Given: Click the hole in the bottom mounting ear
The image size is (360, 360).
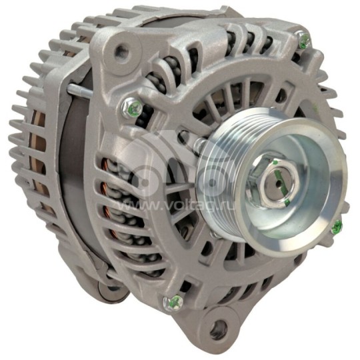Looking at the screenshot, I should tap(217, 327).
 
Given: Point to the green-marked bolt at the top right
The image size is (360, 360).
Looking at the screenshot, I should tap(304, 41).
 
